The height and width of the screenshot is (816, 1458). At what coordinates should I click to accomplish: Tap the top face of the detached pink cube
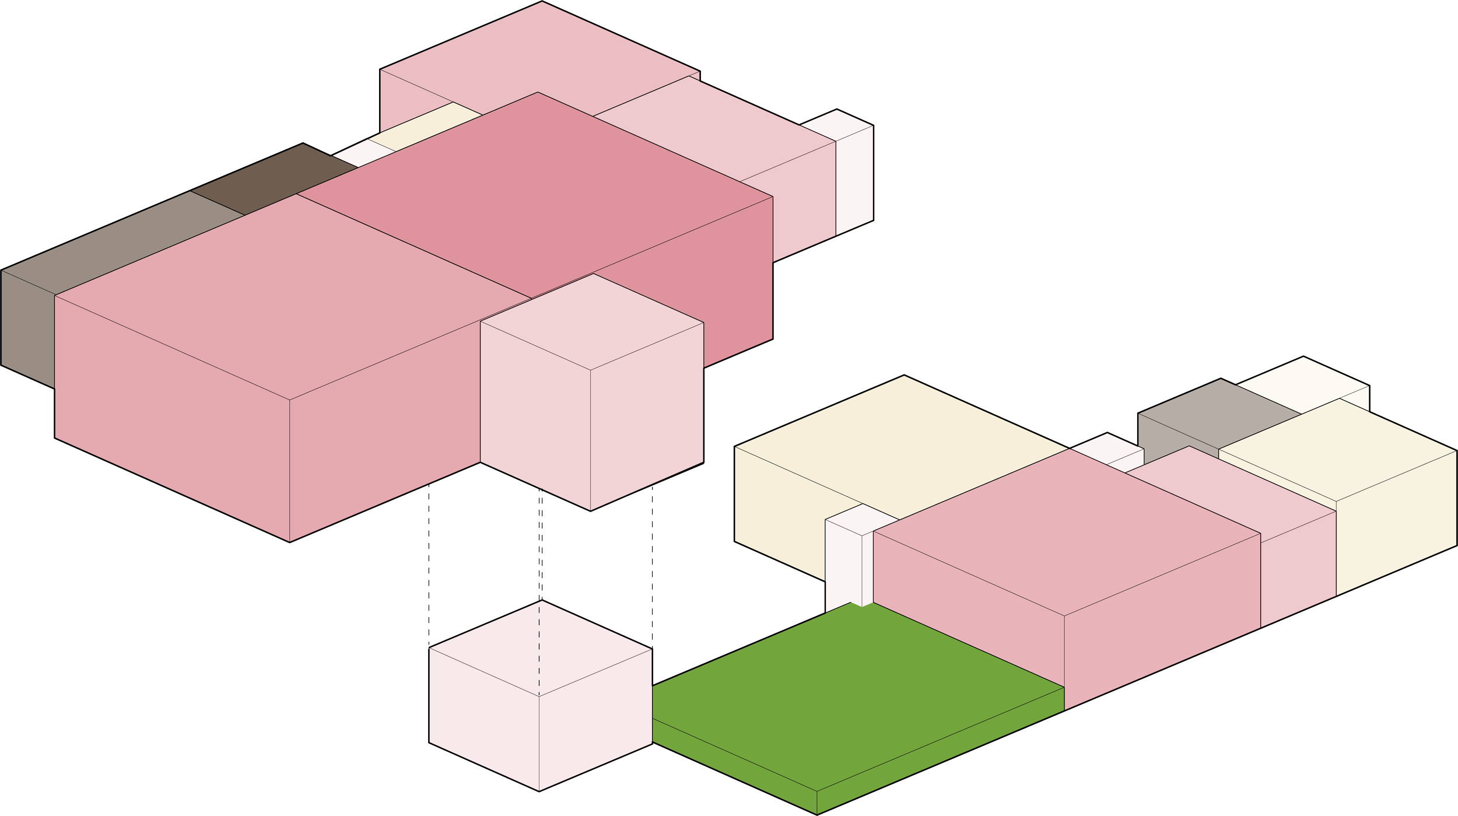[540, 647]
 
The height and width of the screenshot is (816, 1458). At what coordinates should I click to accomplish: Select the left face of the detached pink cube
[484, 717]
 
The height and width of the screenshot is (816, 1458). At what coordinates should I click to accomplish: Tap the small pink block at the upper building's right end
[854, 175]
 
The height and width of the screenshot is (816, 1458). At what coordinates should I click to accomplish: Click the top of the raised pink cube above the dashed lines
[592, 321]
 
